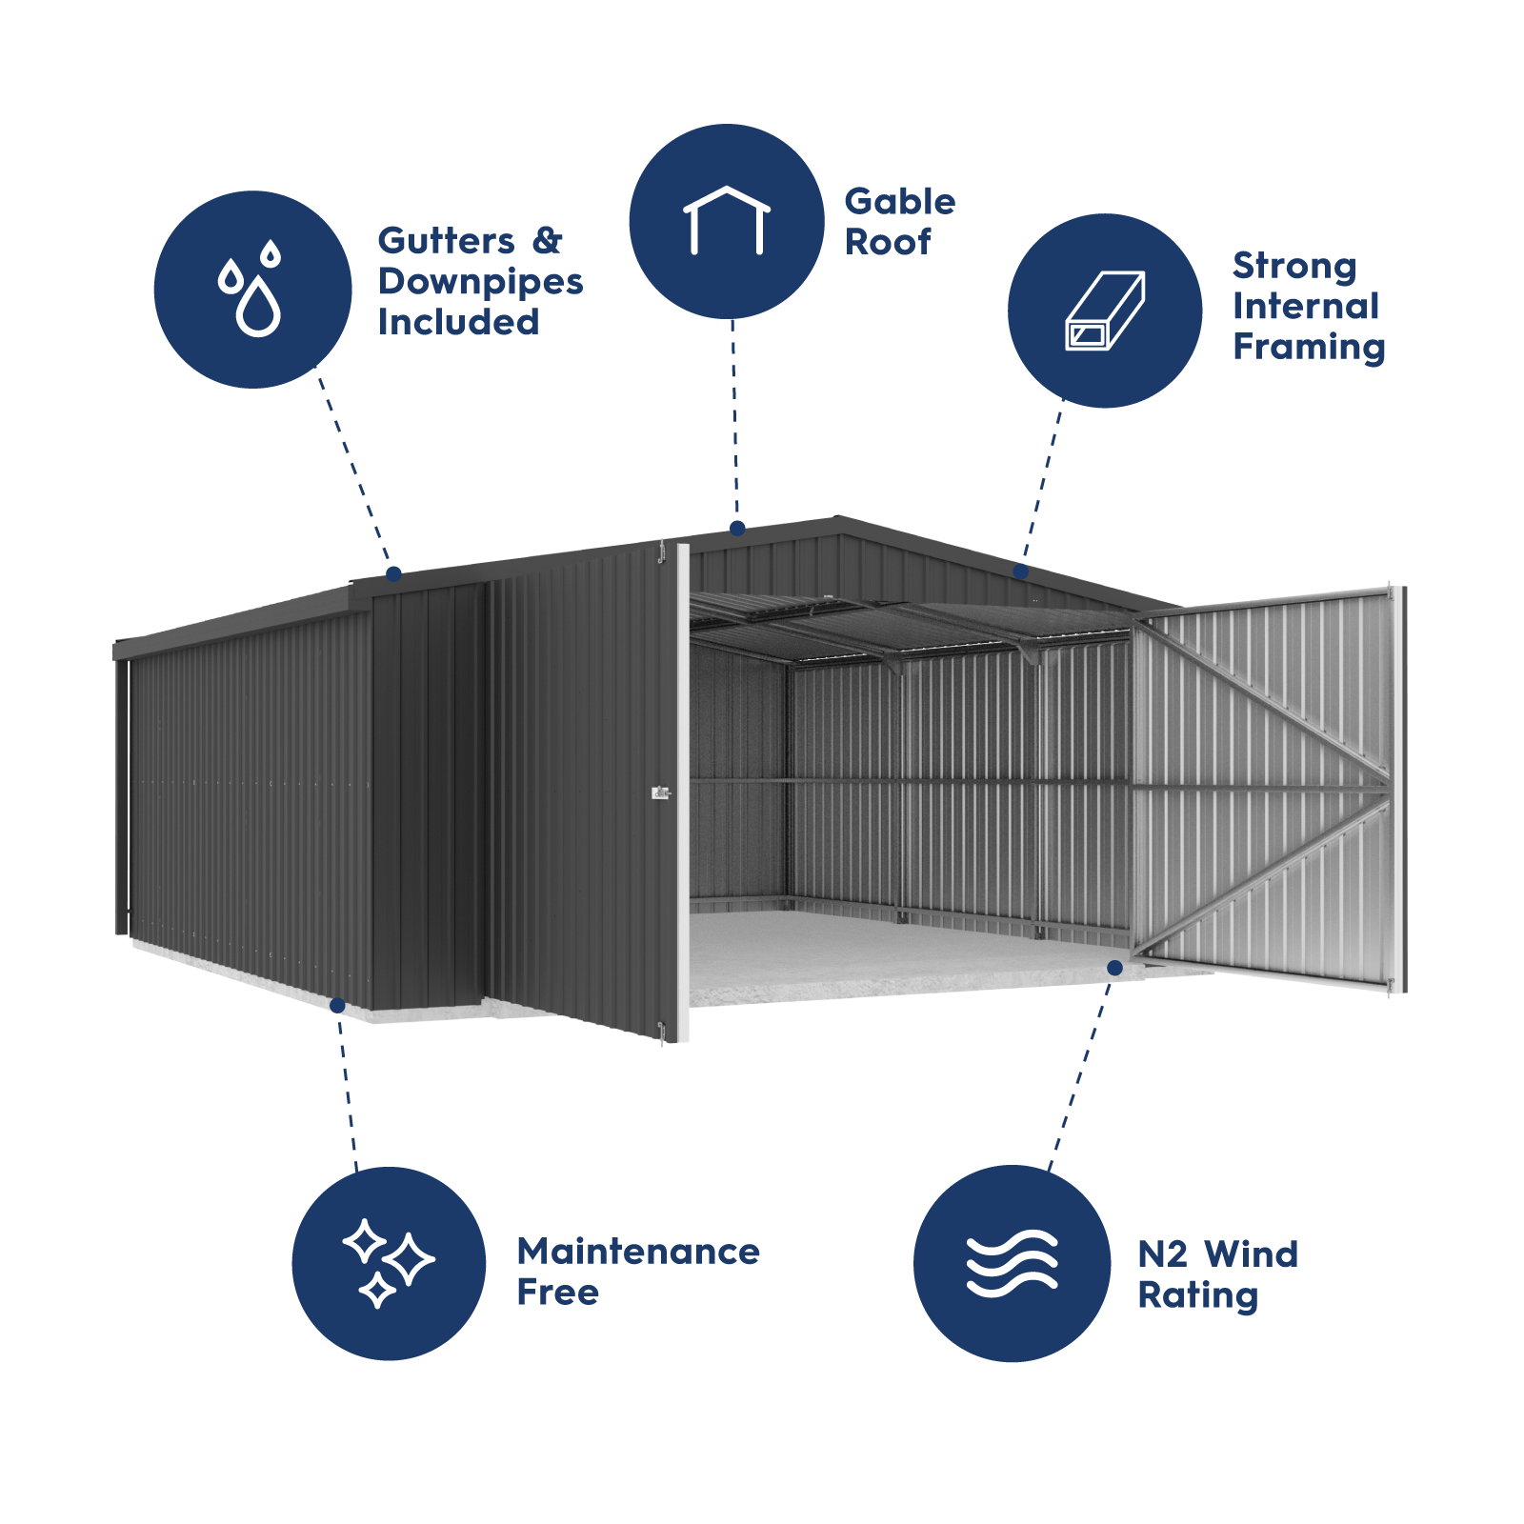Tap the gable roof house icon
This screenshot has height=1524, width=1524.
pos(727,221)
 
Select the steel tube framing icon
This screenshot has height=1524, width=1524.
pos(1105,311)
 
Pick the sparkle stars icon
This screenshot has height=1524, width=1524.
pos(389,1263)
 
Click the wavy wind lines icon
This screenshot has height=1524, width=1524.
pos(1012,1263)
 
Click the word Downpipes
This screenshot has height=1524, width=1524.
pos(480,282)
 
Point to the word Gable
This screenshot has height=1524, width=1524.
pos(899,202)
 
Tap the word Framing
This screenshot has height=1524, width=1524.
pos(1309,348)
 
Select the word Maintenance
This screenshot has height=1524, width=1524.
pos(638,1252)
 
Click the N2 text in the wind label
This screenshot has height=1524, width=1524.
pos(1162,1254)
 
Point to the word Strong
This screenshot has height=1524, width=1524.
pos(1293,267)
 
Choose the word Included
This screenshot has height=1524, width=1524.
pos(458,322)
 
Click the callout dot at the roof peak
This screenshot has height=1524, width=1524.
pos(737,528)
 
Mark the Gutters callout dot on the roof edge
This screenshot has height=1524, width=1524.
pos(393,573)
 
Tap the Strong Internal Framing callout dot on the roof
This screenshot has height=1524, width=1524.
pos(1021,571)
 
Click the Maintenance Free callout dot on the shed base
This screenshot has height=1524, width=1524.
pos(337,1005)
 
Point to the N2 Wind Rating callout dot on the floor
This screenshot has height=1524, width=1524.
pos(1114,968)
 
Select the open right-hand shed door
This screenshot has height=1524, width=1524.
pos(1267,791)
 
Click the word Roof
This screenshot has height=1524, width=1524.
pos(888,243)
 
